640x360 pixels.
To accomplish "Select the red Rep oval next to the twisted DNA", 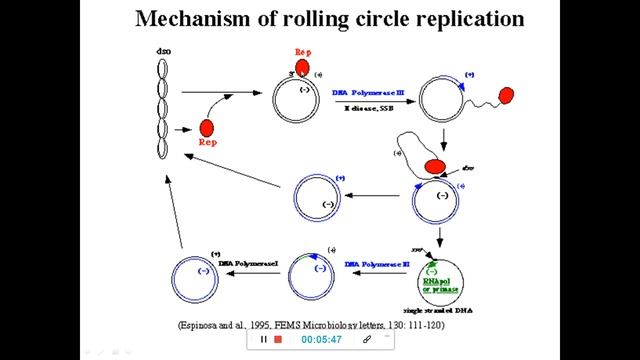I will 207,128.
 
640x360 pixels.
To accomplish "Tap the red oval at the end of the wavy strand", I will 505,96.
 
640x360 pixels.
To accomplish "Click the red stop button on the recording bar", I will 278,339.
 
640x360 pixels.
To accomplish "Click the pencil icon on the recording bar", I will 368,339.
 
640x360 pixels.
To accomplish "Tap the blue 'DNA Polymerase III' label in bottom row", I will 377,264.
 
